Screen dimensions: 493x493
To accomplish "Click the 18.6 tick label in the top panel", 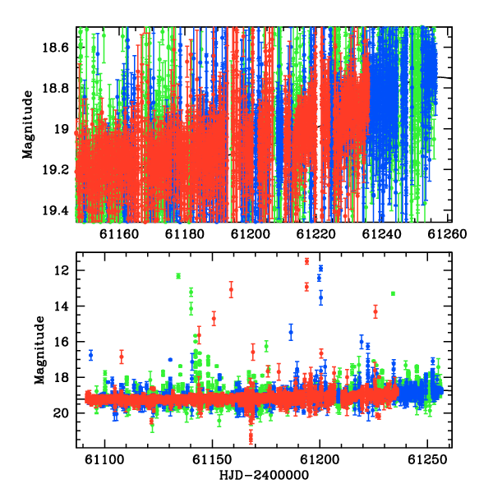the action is click(55, 48).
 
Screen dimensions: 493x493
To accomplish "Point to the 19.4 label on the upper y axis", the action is click(55, 210).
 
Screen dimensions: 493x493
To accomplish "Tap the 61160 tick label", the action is click(119, 234).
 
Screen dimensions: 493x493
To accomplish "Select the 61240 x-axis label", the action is click(382, 234).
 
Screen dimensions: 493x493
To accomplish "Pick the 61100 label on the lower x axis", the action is click(104, 459).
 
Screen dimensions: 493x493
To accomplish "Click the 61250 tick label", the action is click(427, 459).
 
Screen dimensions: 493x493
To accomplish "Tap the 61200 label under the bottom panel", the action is click(320, 459).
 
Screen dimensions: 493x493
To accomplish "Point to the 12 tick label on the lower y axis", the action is click(62, 270).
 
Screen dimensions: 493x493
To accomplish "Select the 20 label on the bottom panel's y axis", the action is click(61, 412).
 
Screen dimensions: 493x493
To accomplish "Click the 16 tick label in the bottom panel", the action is click(62, 342).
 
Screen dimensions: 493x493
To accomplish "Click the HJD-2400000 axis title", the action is click(264, 476).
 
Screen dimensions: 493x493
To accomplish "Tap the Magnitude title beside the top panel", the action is click(28, 125).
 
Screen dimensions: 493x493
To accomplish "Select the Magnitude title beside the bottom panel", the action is click(39, 350).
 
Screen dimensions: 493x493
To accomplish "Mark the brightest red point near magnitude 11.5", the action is click(306, 261).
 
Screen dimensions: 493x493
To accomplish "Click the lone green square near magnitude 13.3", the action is click(393, 293).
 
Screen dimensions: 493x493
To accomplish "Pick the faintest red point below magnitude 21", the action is click(251, 437).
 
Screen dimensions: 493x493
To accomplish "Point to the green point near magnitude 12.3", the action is click(178, 276).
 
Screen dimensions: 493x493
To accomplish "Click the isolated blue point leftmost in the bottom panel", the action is click(91, 355).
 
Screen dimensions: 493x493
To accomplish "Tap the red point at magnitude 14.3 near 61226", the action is click(376, 312).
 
